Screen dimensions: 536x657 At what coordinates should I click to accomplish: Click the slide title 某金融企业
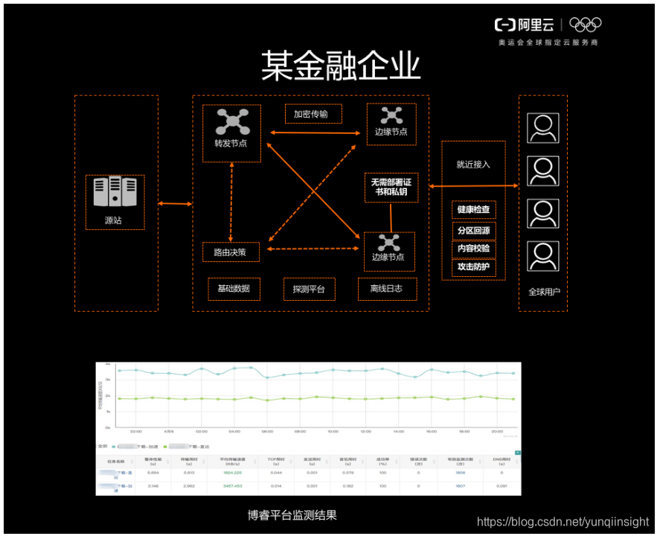(340, 67)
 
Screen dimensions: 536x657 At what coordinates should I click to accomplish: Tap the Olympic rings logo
(585, 25)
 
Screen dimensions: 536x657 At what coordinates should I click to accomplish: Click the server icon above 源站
(115, 192)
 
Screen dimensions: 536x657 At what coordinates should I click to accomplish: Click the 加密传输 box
(313, 114)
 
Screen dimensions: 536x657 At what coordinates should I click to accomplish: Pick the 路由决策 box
(230, 252)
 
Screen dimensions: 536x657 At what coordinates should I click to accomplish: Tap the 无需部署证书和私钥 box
(391, 187)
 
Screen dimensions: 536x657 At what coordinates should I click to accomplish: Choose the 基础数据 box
(234, 289)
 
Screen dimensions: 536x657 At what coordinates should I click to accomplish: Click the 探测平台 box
(310, 289)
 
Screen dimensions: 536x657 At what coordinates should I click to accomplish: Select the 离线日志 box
(385, 289)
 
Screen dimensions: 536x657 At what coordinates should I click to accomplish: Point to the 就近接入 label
(473, 165)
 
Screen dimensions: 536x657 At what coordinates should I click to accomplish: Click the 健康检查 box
(473, 210)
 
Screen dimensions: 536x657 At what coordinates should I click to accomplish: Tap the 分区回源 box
(473, 230)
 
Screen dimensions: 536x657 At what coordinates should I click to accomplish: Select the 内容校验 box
(473, 249)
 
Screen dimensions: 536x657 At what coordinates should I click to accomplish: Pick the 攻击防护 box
(473, 267)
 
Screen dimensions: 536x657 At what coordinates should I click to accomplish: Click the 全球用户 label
(542, 292)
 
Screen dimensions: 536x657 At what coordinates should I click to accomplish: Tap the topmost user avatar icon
(542, 127)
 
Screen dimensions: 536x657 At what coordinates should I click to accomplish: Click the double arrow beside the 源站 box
(176, 203)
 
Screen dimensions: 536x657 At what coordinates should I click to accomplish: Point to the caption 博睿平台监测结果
(292, 514)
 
